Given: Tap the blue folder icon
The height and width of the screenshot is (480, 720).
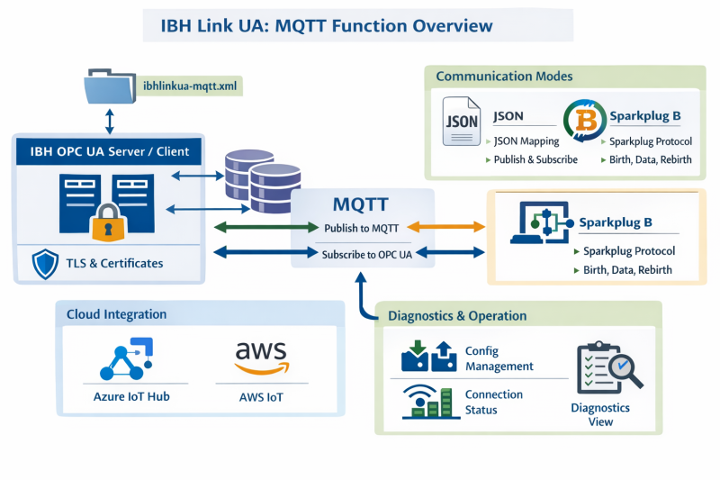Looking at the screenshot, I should (x=108, y=89).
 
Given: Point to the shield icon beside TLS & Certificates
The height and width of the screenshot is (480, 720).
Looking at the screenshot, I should (x=45, y=264).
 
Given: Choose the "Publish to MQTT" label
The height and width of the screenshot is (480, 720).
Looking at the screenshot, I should (x=362, y=228).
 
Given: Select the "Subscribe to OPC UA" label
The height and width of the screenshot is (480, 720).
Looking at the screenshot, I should (x=366, y=255).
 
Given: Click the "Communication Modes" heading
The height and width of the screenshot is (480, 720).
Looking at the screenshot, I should (x=504, y=77).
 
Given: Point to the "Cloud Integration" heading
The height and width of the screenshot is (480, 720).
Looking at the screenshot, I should (x=116, y=314).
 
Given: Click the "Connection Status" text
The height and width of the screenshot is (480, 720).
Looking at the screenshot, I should (x=493, y=403).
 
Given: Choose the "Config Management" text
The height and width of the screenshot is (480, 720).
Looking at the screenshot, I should (x=499, y=358).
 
